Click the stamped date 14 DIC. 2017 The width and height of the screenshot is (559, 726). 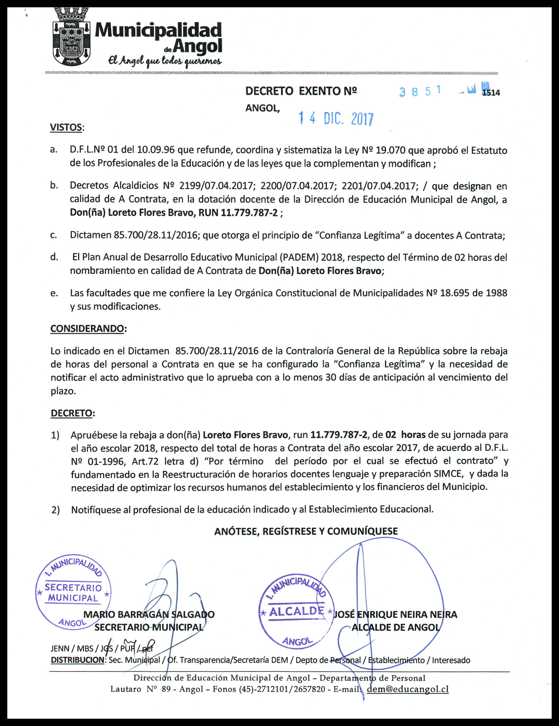pyautogui.click(x=336, y=119)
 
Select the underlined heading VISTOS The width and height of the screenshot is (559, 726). pyautogui.click(x=66, y=127)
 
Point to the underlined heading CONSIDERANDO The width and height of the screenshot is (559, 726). pyautogui.click(x=87, y=328)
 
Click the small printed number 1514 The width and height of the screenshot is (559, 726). pyautogui.click(x=491, y=93)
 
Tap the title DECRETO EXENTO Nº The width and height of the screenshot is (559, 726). pyautogui.click(x=301, y=91)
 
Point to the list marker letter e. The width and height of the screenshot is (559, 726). pyautogui.click(x=54, y=293)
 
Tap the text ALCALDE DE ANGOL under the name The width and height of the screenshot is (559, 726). pyautogui.click(x=396, y=627)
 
